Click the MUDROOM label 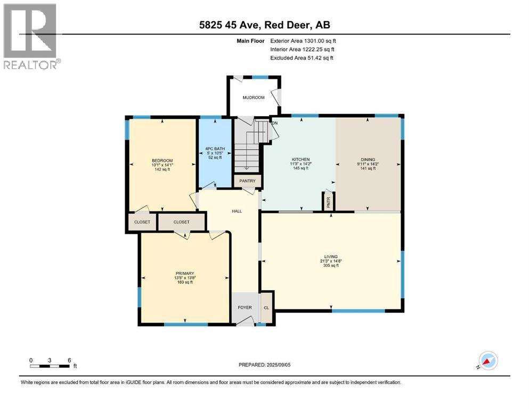(x=253, y=97)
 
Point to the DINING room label (x=368, y=159)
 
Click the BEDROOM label (x=162, y=160)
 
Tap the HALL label (x=237, y=211)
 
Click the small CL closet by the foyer (x=266, y=308)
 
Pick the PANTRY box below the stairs (x=248, y=181)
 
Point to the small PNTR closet (x=328, y=202)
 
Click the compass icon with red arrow (x=488, y=361)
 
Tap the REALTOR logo (x=31, y=36)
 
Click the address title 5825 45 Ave (x=264, y=25)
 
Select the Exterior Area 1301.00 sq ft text (x=303, y=40)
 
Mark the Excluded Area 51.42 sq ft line (x=302, y=58)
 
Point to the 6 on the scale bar (x=69, y=360)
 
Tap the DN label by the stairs (x=275, y=123)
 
